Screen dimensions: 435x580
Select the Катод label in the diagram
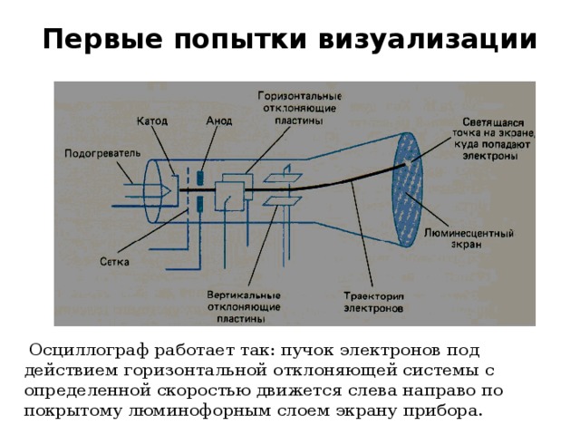tap(151, 121)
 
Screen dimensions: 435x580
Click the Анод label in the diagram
tap(219, 121)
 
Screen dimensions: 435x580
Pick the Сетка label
tap(114, 262)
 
